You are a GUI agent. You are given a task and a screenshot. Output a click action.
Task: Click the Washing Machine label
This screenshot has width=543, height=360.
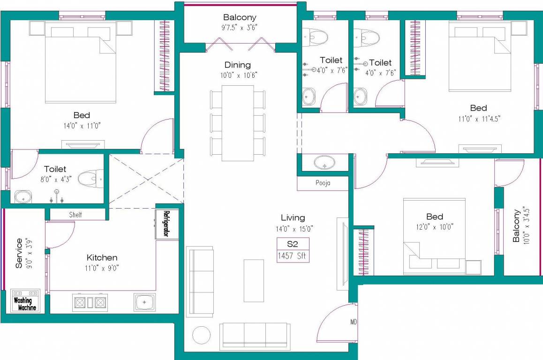tap(25, 304)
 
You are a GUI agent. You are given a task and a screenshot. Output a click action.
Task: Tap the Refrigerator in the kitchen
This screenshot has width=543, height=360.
tap(166, 224)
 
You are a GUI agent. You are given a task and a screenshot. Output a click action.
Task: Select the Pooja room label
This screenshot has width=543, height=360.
tap(323, 183)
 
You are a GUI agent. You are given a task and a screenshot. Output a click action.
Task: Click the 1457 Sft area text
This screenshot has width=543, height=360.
tap(293, 256)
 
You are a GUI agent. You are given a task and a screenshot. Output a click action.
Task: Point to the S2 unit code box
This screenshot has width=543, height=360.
tap(293, 244)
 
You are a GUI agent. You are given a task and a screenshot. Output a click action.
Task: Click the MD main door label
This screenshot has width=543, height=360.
tap(354, 322)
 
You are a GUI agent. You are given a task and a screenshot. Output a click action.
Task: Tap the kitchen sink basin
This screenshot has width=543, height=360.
tap(145, 302)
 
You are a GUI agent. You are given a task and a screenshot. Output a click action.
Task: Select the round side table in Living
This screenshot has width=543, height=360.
tap(202, 335)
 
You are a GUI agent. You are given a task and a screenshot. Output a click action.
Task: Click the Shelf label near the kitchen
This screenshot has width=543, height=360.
tap(75, 215)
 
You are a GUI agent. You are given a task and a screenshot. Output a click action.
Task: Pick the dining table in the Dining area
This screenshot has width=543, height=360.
tap(237, 123)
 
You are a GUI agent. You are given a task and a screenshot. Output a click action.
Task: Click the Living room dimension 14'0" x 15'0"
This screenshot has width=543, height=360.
tap(294, 229)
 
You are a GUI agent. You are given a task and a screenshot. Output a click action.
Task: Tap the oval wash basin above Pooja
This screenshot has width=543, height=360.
tap(324, 163)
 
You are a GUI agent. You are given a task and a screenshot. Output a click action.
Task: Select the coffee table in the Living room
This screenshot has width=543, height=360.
tap(254, 280)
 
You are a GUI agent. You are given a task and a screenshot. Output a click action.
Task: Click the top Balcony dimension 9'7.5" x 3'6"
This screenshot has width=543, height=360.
tap(240, 27)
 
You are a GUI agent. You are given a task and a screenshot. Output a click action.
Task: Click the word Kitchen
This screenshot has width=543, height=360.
tap(102, 257)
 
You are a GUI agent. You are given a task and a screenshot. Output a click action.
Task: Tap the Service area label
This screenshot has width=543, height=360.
tap(19, 253)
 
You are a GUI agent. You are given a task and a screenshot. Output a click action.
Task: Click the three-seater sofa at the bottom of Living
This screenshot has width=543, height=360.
tap(253, 336)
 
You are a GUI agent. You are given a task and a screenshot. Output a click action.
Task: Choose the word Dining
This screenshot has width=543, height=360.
tap(237, 65)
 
